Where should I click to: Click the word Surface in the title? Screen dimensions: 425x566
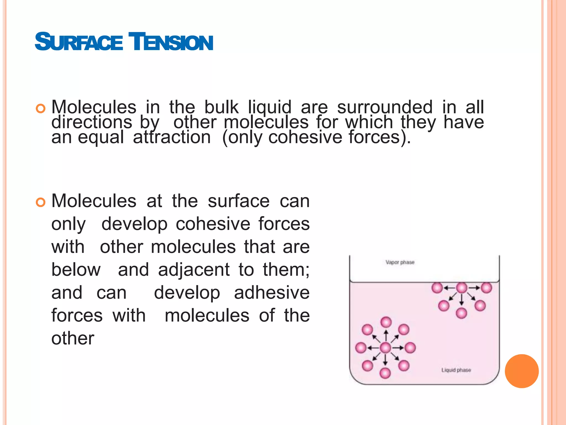pos(79,42)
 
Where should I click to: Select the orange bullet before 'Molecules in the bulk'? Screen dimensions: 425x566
pos(40,109)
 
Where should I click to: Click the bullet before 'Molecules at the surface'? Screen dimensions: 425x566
pos(40,202)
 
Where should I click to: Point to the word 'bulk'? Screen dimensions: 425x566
pos(221,107)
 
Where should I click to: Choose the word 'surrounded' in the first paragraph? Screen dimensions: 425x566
pos(385,107)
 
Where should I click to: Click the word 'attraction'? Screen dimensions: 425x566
pos(172,137)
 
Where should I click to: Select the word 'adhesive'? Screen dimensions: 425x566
pos(272,293)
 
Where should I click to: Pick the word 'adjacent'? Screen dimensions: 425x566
pos(194,270)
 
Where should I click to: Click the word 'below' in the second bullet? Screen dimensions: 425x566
pos(76,270)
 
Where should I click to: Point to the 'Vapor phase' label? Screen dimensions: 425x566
pos(400,262)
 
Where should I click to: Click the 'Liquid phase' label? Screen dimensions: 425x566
pos(456,370)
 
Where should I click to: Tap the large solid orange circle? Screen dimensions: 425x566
pos(522,371)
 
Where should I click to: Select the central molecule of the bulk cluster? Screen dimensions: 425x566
pos(386,348)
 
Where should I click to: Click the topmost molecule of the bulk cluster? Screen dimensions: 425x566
pos(386,322)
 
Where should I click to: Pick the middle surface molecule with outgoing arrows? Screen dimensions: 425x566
pos(462,288)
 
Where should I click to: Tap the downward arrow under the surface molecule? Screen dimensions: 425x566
pos(462,300)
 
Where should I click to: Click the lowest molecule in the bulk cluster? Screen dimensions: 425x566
pos(385,373)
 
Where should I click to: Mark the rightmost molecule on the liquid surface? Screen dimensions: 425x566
pos(486,288)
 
